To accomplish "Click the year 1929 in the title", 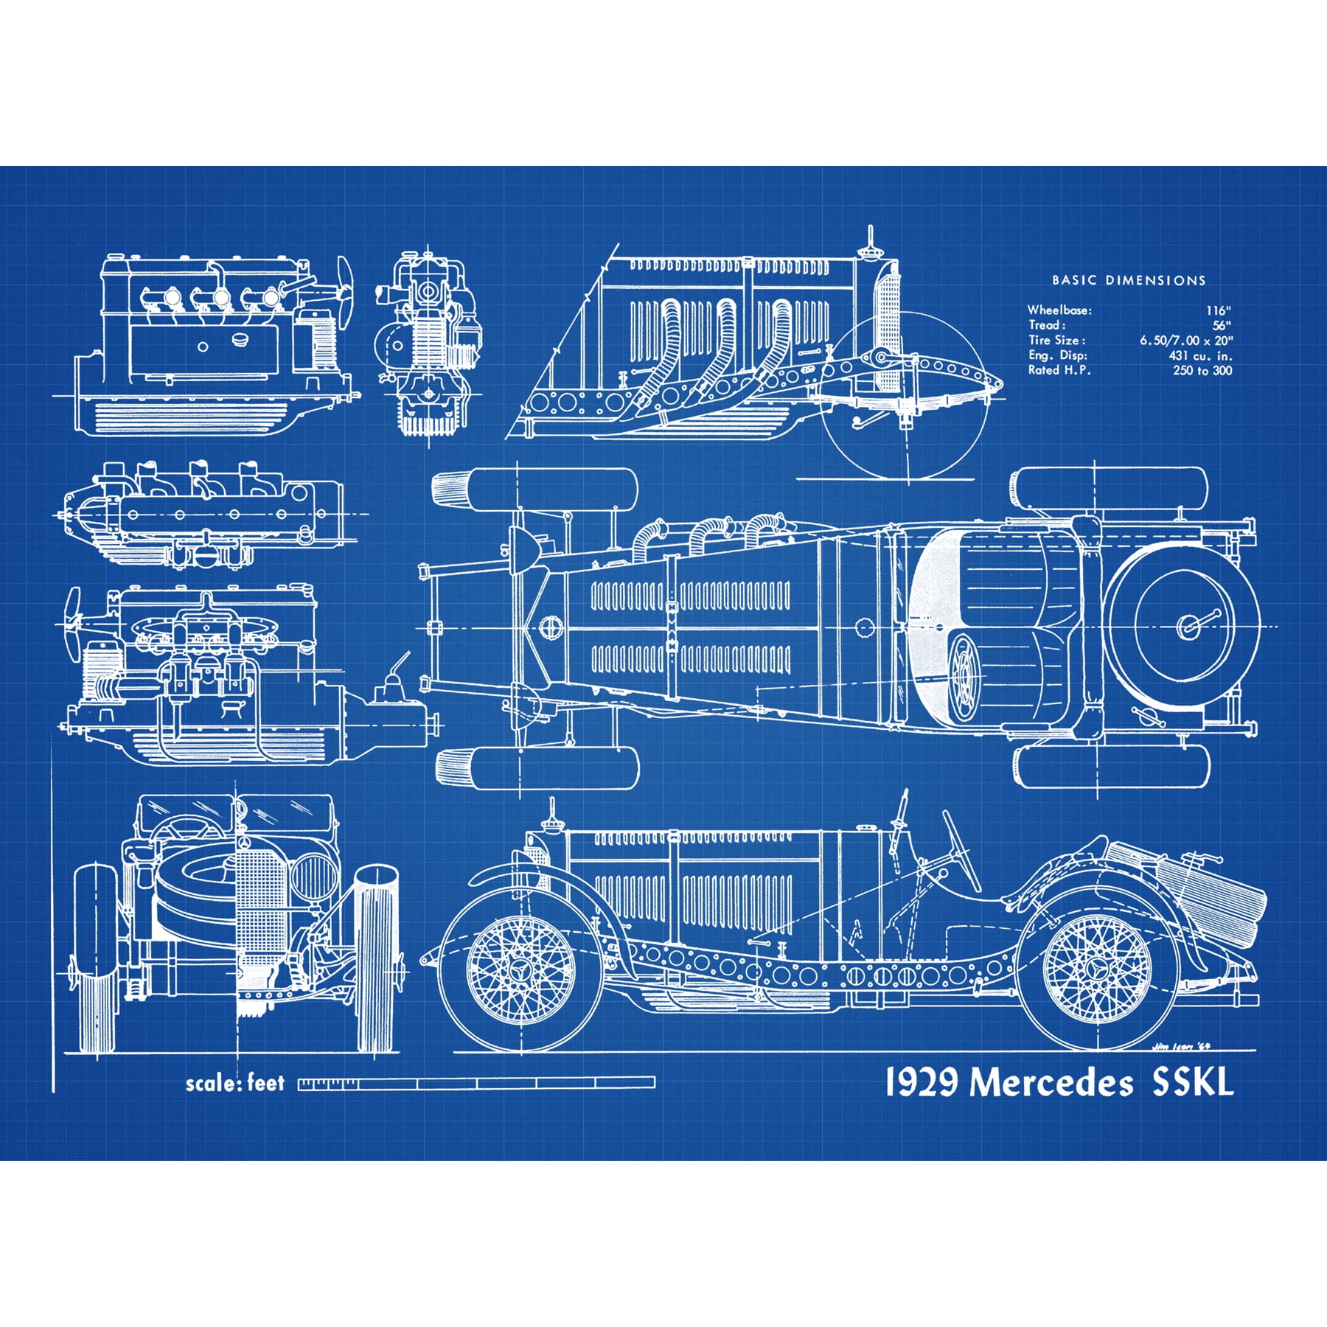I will click(922, 1082).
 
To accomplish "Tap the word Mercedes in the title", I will click(1051, 1083).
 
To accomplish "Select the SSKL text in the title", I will click(1192, 1082).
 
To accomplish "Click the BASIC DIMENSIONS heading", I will click(1128, 280).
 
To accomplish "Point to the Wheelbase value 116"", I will click(1218, 310).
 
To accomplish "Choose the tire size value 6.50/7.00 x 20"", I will click(1185, 340).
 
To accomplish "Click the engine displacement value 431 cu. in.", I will click(1199, 355).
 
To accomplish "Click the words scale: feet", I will click(234, 1083).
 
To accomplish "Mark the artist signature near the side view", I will click(1180, 1045).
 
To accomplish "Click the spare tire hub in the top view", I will click(1188, 627).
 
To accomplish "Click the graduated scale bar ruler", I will click(476, 1083).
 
